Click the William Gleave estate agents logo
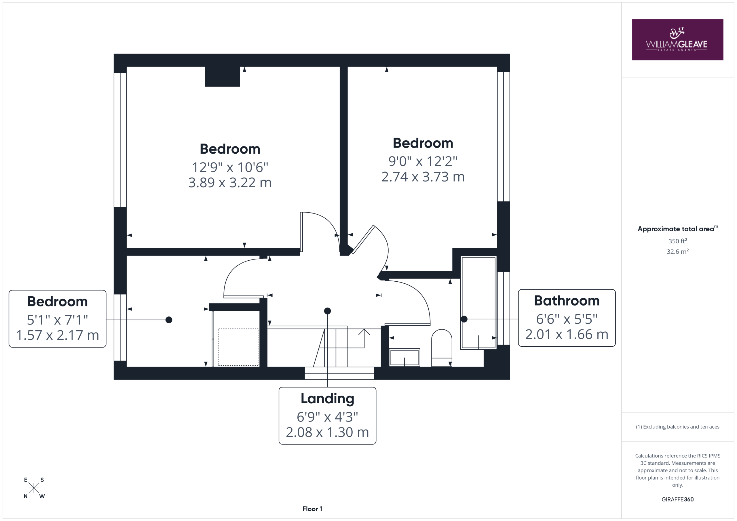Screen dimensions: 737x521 pos(677,40)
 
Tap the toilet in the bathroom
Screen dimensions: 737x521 pos(441,348)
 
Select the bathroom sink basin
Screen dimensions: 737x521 pos(404,357)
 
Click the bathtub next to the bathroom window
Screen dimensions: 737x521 pos(478,303)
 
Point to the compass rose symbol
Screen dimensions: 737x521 pos(34,488)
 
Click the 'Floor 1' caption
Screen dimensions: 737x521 pos(312,509)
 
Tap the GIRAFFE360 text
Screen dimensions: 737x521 pos(677,499)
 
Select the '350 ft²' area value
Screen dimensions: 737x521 pos(677,241)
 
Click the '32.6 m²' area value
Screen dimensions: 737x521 pos(677,251)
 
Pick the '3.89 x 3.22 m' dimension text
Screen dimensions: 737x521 pos(230,183)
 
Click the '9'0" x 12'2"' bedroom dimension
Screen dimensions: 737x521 pos(423,161)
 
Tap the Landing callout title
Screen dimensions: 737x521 pos(327,398)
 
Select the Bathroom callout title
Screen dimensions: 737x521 pos(567,301)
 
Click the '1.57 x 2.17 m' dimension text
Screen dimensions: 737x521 pos(58,335)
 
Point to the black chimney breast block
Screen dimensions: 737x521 pos(222,76)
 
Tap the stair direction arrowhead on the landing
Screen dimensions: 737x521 pos(364,332)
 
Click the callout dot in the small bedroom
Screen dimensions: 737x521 pos(169,320)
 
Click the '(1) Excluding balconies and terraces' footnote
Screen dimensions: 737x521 pos(677,427)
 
